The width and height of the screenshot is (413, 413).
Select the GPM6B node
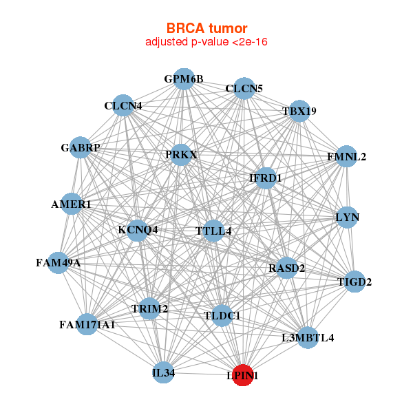[184, 79]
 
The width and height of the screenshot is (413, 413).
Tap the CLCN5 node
[244, 89]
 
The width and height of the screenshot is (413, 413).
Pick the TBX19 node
[299, 111]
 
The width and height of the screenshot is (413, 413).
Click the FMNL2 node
[346, 157]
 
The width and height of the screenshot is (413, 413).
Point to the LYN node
[348, 218]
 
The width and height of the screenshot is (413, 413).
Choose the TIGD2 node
[354, 282]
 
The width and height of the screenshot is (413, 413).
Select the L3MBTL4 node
[308, 337]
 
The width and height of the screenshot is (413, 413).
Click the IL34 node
[164, 373]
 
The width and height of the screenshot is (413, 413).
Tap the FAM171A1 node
[87, 324]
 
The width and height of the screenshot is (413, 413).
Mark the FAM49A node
[58, 262]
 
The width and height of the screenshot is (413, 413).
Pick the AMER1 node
[72, 204]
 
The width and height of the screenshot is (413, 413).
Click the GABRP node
[80, 148]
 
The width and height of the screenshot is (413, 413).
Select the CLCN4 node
[123, 105]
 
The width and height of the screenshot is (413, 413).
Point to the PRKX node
[182, 155]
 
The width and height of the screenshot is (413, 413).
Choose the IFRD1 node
[265, 178]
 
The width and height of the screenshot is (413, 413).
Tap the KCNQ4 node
[138, 230]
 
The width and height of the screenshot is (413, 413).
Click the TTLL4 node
[213, 231]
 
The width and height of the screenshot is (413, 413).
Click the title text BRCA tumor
[206, 28]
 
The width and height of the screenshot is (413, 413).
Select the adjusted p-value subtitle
[206, 42]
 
